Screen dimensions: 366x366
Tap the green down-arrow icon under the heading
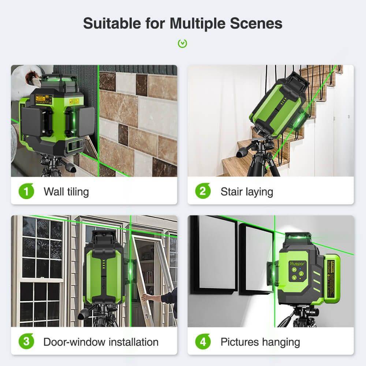(x=183, y=44)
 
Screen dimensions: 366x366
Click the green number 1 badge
(x=26, y=191)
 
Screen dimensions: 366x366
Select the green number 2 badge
(x=203, y=191)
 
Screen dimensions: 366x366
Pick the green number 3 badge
(x=26, y=342)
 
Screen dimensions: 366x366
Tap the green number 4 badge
(x=203, y=342)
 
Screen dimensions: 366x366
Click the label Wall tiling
(x=66, y=191)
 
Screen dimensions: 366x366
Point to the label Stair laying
(x=247, y=191)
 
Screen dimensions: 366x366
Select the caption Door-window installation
(x=101, y=342)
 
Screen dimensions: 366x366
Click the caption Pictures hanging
(x=260, y=342)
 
